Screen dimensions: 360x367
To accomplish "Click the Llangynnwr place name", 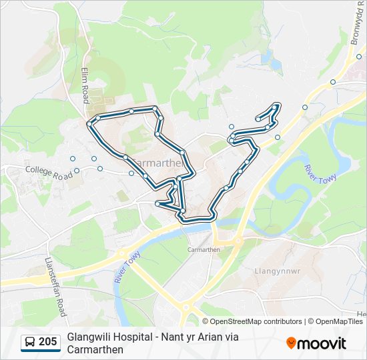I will coord(273,271).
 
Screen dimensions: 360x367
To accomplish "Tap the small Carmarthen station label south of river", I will coord(204,249).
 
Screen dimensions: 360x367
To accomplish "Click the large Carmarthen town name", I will coord(158,163).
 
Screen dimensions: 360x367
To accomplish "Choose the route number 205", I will coord(47,342).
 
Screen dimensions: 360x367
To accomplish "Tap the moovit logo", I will coord(316,343).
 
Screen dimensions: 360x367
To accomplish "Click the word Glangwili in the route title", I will coord(89,337).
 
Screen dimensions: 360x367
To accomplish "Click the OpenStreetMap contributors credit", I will coord(256,321).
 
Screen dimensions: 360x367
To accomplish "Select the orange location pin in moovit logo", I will coord(291,343).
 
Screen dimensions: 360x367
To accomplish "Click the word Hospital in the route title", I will coord(135,337).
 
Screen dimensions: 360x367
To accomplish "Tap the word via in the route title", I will coord(231,337).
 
